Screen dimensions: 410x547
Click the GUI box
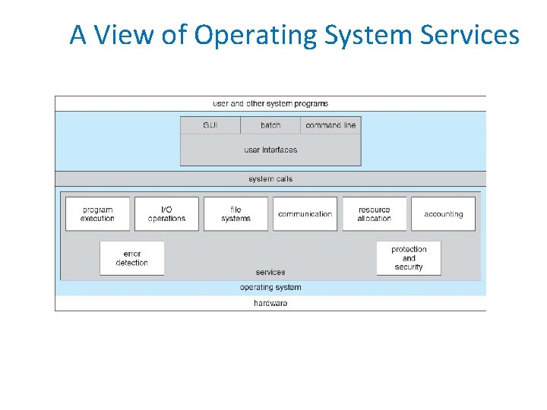click(x=210, y=125)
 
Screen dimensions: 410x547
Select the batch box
click(x=270, y=125)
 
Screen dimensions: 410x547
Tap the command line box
click(x=330, y=125)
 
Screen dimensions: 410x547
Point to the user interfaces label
click(x=270, y=150)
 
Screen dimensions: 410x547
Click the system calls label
click(x=270, y=179)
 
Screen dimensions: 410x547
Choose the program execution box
click(x=97, y=214)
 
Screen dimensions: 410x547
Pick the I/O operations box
click(x=166, y=214)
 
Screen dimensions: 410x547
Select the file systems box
click(x=236, y=214)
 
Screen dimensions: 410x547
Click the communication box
click(x=305, y=214)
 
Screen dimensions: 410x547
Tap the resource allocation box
click(x=374, y=214)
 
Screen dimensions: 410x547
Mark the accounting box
click(x=443, y=214)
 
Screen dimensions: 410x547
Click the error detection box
click(x=131, y=258)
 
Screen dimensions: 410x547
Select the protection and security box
click(x=409, y=258)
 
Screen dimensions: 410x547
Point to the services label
click(x=270, y=272)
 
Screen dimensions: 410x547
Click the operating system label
click(x=270, y=288)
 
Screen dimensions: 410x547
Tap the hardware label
click(x=270, y=304)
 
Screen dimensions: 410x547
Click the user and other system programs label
click(x=270, y=103)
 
